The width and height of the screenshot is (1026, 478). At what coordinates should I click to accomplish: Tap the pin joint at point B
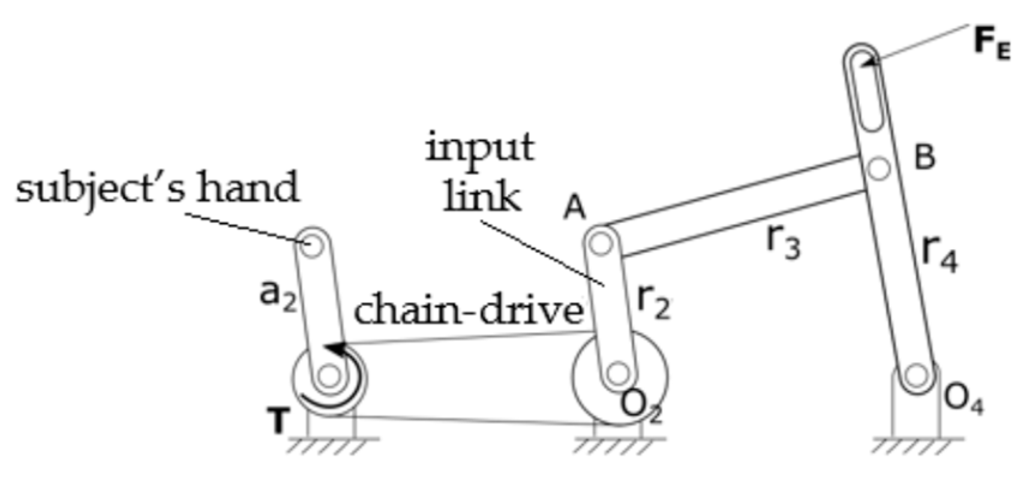click(x=879, y=168)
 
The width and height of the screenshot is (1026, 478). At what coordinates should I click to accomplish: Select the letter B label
click(x=924, y=157)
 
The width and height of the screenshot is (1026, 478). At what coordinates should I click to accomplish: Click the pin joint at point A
click(x=601, y=243)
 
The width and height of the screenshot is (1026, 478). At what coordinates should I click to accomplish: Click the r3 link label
click(x=784, y=241)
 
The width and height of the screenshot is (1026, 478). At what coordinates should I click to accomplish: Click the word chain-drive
click(x=468, y=310)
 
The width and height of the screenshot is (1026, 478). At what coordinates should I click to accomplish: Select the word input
click(x=480, y=148)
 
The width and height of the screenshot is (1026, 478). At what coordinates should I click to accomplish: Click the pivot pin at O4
click(x=914, y=377)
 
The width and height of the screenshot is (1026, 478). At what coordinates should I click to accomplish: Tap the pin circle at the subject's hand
click(x=311, y=244)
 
